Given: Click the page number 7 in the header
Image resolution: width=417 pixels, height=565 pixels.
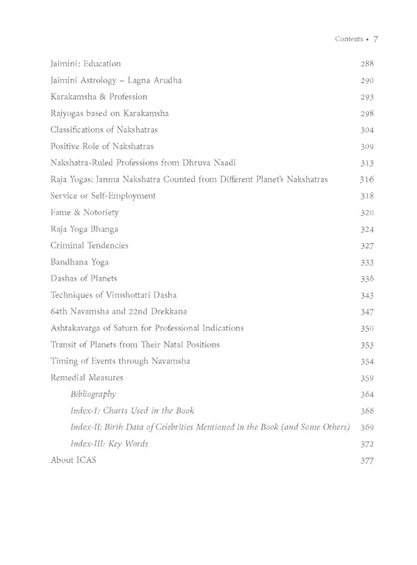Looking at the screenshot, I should click(375, 40).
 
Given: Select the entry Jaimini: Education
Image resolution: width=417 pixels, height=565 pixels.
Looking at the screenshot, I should click(85, 64).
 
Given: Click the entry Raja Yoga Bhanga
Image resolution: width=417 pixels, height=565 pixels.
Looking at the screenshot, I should click(84, 229).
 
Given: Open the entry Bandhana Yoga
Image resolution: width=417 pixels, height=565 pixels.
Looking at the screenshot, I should click(79, 262).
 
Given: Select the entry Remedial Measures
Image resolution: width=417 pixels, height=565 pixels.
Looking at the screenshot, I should click(87, 378).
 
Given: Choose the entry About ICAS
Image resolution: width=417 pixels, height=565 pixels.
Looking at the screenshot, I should click(73, 460).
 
